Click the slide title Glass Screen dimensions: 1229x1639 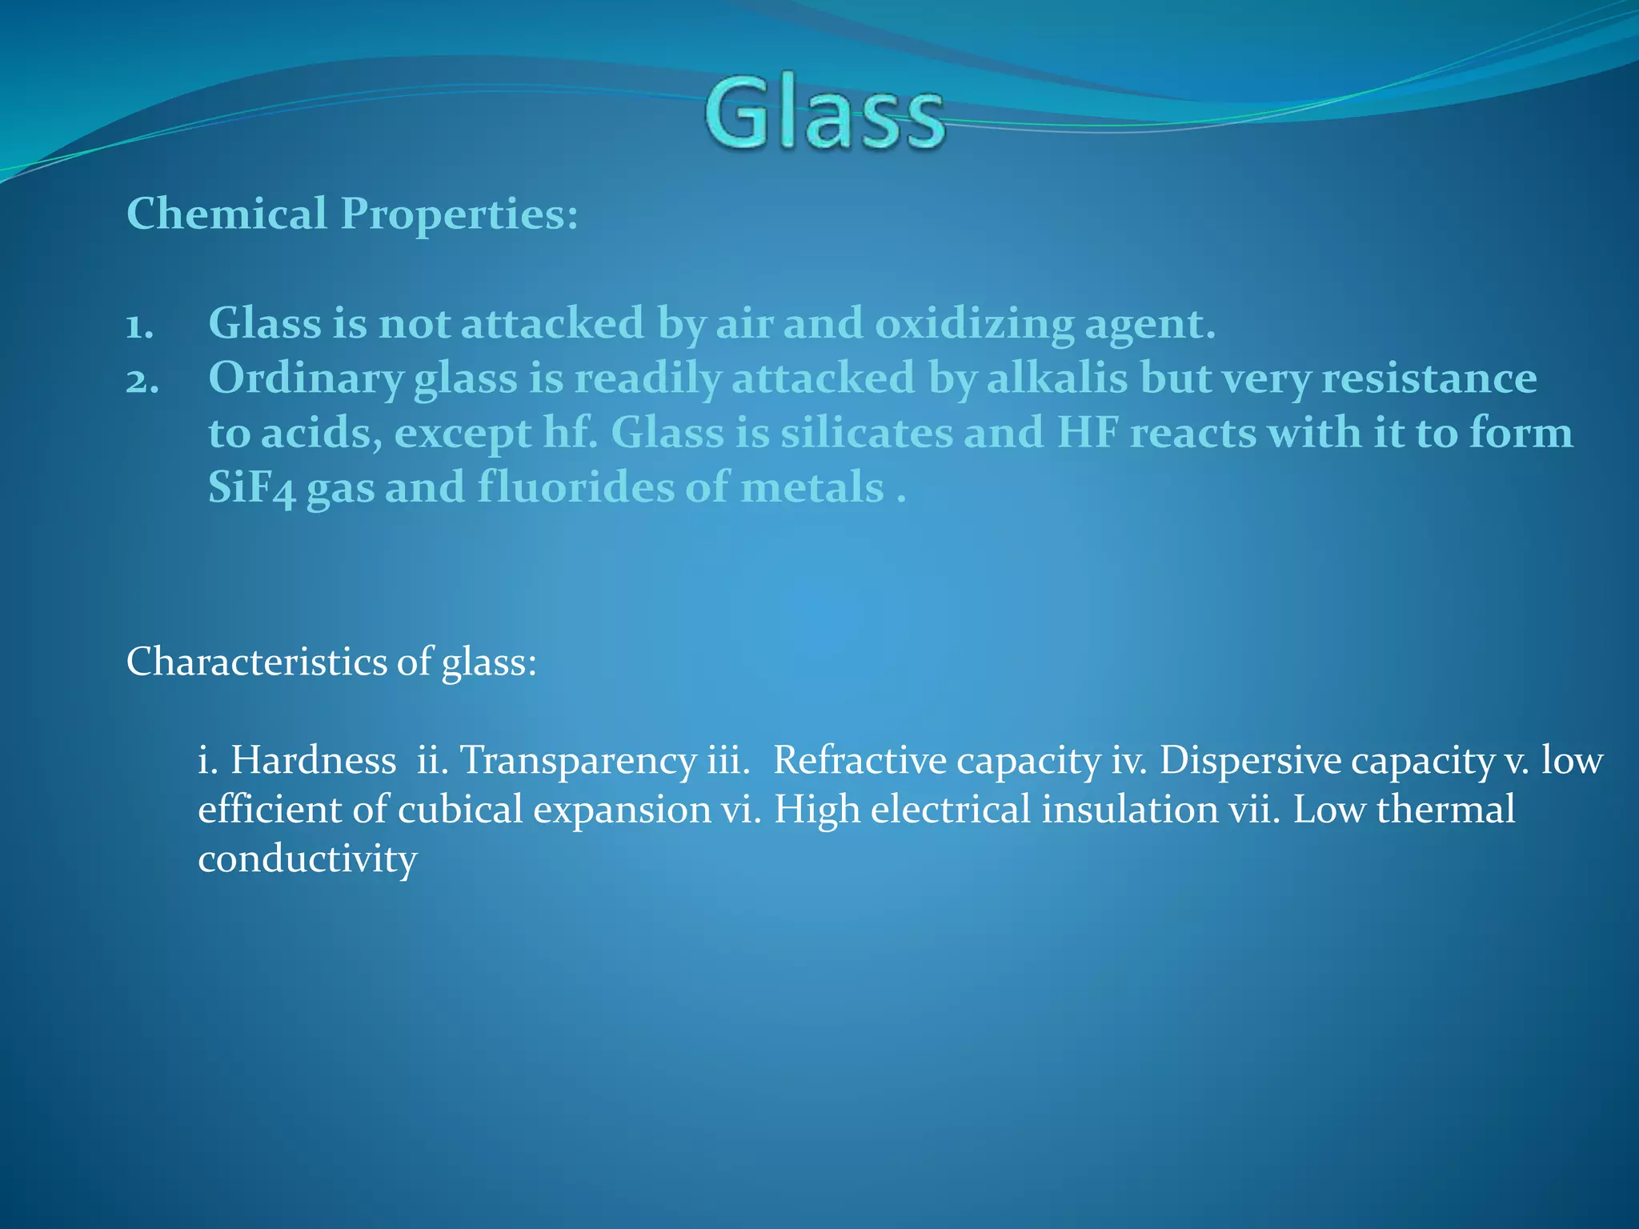coord(824,114)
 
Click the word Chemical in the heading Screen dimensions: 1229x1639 coord(226,214)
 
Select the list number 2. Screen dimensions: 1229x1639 coord(142,381)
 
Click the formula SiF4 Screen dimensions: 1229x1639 coord(251,488)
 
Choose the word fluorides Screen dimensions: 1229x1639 coord(575,487)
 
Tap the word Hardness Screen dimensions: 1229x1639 coord(313,760)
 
